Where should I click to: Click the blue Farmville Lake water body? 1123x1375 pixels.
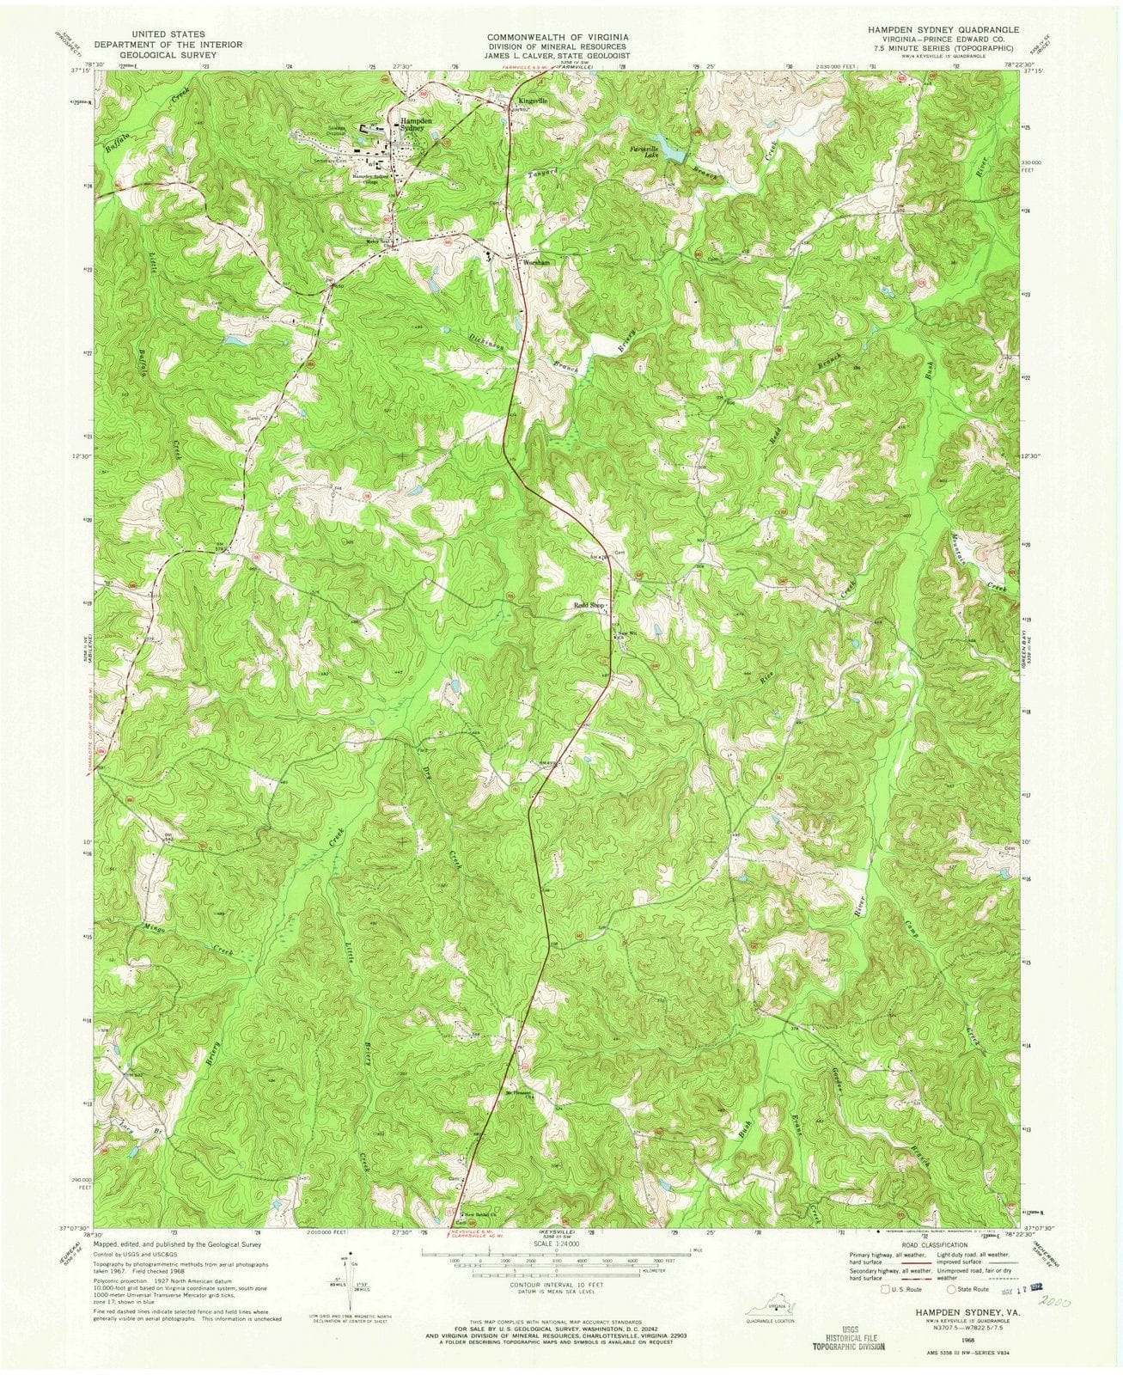coord(666,147)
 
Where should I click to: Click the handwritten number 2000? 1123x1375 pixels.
coord(1053,1300)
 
